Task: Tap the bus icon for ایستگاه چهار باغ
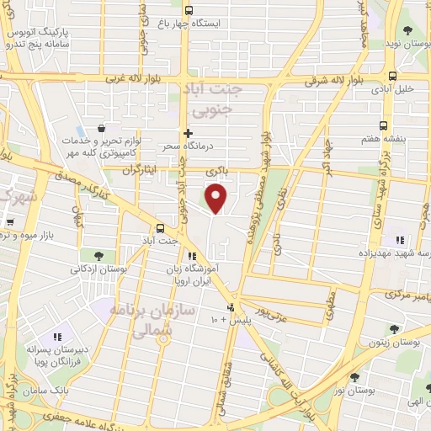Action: [x=188, y=13]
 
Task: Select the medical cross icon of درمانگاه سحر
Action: [x=188, y=133]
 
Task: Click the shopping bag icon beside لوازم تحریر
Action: [x=101, y=128]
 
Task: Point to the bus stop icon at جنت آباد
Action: [x=160, y=228]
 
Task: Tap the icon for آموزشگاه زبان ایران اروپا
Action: [x=192, y=256]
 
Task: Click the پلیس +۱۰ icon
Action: [x=231, y=307]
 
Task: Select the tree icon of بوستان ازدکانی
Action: [x=98, y=256]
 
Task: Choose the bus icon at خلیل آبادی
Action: [x=391, y=75]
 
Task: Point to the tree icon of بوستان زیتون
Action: [x=391, y=328]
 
